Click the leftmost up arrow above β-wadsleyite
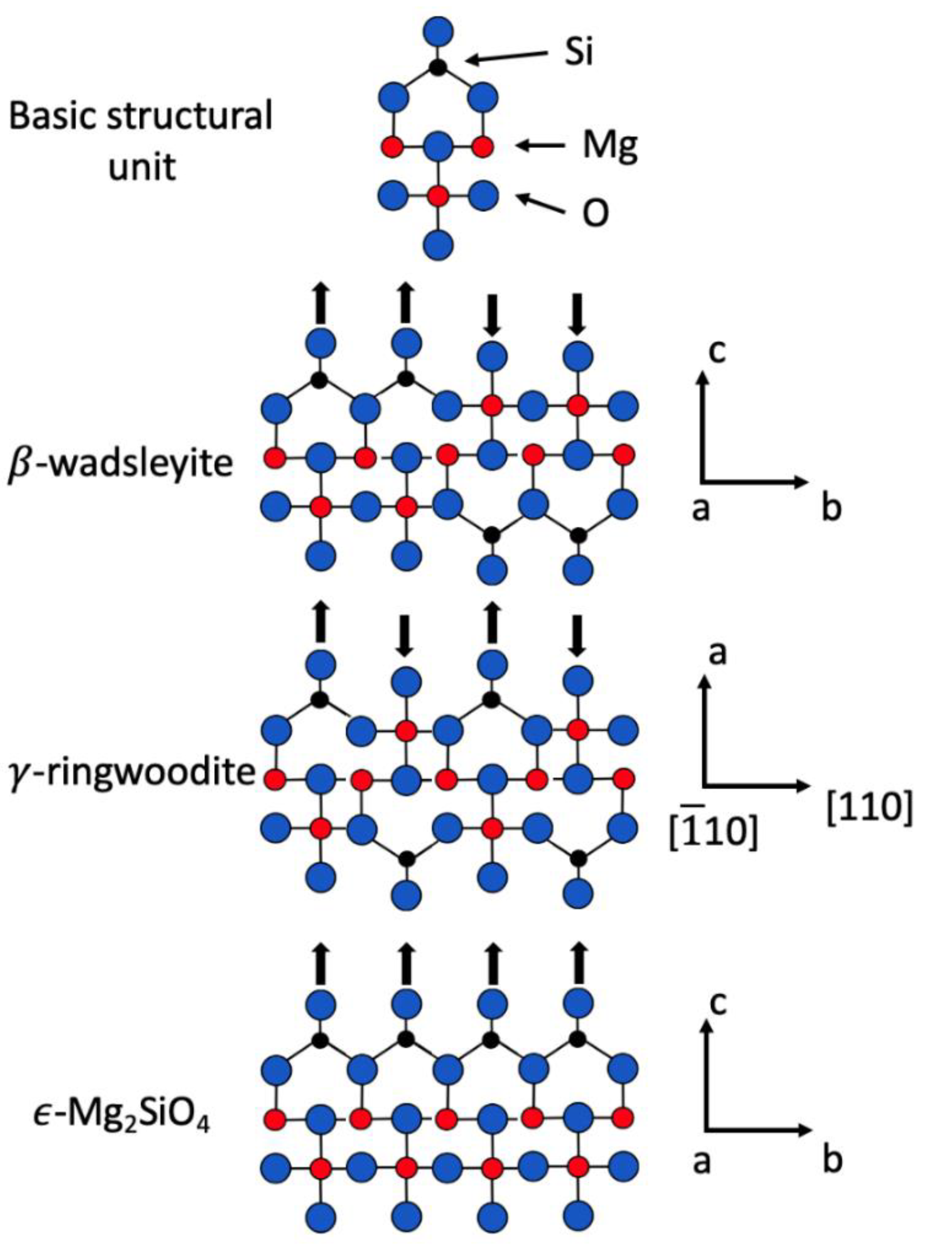coord(320,303)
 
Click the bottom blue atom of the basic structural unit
coord(438,245)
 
